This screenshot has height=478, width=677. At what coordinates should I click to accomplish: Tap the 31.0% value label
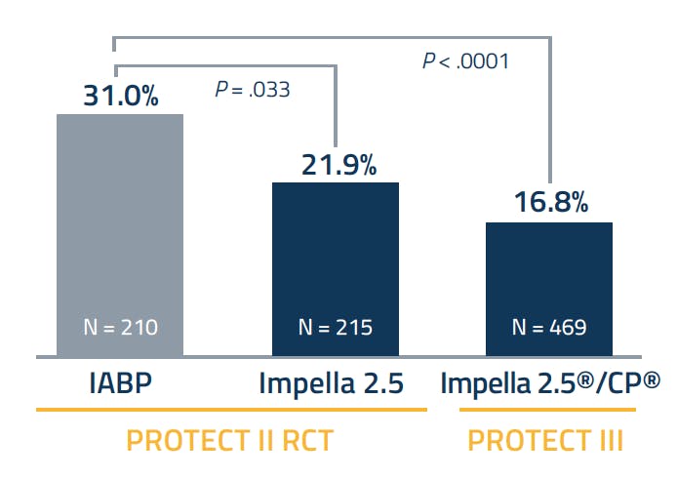pyautogui.click(x=121, y=98)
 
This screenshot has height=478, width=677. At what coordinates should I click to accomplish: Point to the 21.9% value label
pyautogui.click(x=336, y=166)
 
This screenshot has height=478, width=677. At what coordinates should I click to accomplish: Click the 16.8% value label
pyautogui.click(x=550, y=203)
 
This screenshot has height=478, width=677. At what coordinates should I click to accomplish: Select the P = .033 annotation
pyautogui.click(x=252, y=91)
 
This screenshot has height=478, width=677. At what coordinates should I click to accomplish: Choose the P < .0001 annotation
pyautogui.click(x=465, y=60)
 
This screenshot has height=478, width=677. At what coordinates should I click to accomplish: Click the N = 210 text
pyautogui.click(x=120, y=328)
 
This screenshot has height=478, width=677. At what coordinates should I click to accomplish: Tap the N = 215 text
pyautogui.click(x=335, y=328)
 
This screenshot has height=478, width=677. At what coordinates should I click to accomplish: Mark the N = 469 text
pyautogui.click(x=549, y=328)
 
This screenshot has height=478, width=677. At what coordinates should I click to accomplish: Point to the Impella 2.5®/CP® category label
pyautogui.click(x=549, y=382)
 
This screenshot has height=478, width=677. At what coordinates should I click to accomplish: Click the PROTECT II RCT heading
pyautogui.click(x=230, y=441)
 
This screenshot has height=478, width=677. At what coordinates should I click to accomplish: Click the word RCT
pyautogui.click(x=302, y=441)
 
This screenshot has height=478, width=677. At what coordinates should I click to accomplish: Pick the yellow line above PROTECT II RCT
pyautogui.click(x=231, y=410)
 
